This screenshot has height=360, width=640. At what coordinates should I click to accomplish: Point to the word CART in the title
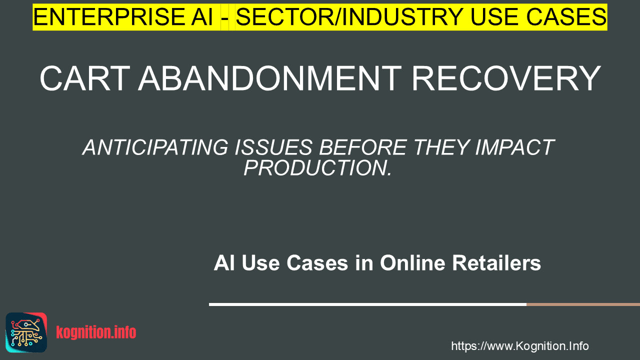tap(85, 78)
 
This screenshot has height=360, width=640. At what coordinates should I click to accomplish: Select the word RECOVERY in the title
tap(505, 78)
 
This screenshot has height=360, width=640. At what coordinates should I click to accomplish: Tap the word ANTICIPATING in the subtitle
tap(155, 147)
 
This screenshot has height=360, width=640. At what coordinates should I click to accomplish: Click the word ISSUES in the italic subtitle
tap(273, 147)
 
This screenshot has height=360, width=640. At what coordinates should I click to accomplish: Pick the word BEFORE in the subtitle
tap(362, 147)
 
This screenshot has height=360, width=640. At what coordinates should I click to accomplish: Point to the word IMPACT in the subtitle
tap(515, 147)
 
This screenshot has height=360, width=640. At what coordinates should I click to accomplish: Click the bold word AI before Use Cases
tap(224, 263)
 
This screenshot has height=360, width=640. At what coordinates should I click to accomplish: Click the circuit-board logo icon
tap(26, 332)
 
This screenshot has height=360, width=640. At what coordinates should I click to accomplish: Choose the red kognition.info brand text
tap(96, 332)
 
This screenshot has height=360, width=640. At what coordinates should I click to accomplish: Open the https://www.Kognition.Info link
tap(519, 346)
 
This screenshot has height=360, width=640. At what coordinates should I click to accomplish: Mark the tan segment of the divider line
tap(583, 304)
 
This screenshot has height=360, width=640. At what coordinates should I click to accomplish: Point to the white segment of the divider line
tap(367, 304)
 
